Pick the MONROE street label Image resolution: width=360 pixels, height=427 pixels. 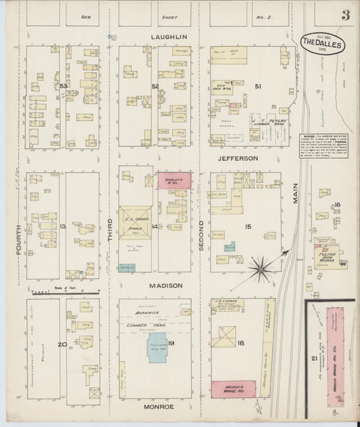click(159, 406)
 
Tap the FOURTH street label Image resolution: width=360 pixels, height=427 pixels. click(18, 240)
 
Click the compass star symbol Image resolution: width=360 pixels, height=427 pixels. click(261, 270)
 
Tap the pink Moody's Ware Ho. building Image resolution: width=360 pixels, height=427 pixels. click(234, 388)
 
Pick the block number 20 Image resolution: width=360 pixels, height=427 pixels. click(62, 345)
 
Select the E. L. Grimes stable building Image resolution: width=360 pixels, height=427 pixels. click(138, 224)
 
